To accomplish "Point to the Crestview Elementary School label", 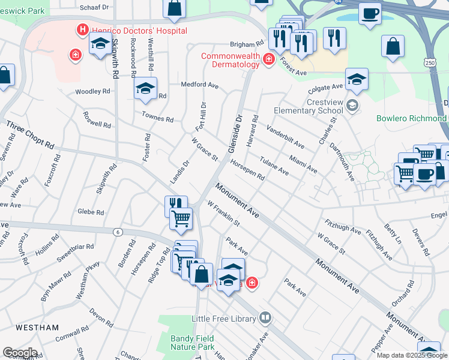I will pyautogui.click(x=308, y=106).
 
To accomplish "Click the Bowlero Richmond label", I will pyautogui.click(x=411, y=118).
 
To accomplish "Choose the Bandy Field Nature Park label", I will pyautogui.click(x=192, y=343).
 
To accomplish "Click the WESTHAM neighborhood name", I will pyautogui.click(x=37, y=328).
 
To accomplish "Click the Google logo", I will pyautogui.click(x=20, y=353).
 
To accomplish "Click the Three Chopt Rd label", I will pyautogui.click(x=29, y=136).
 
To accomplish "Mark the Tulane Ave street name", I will pyautogui.click(x=274, y=166).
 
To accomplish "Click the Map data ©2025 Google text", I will pyautogui.click(x=412, y=355).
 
